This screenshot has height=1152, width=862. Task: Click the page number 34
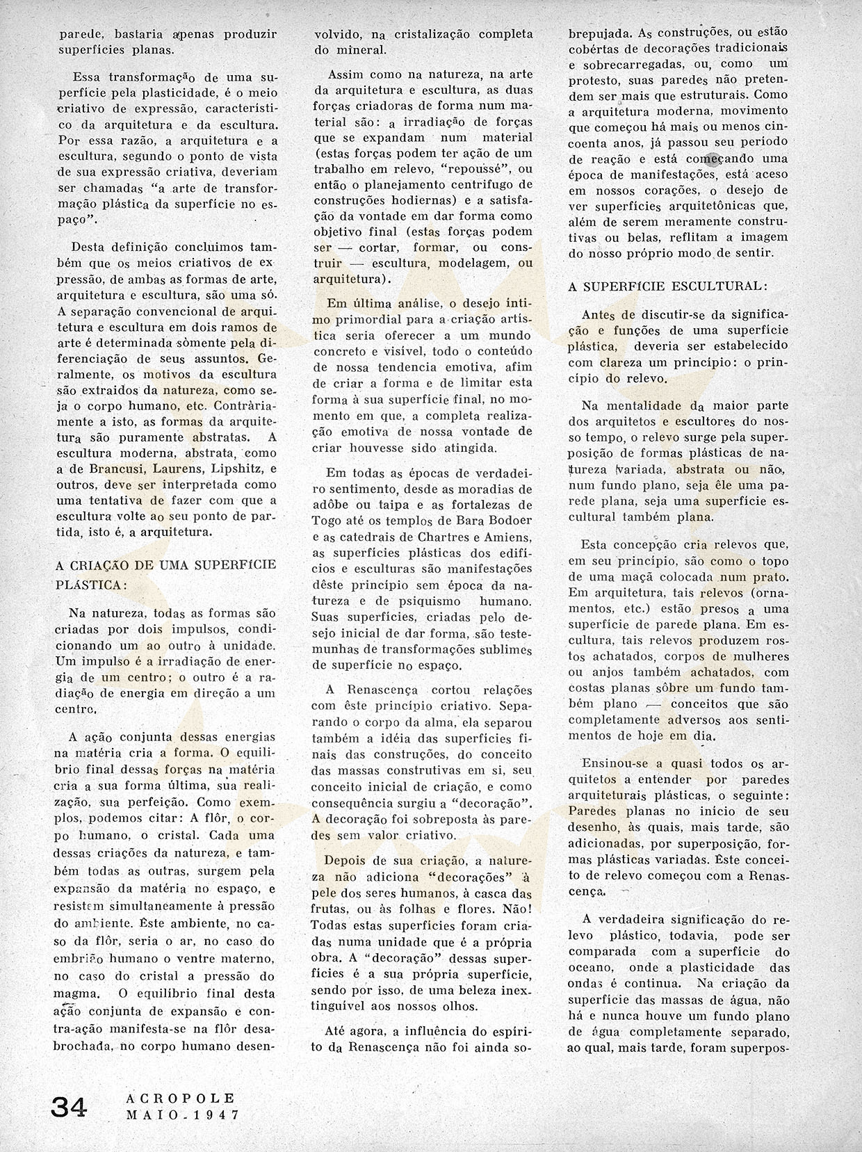click(x=68, y=1107)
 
